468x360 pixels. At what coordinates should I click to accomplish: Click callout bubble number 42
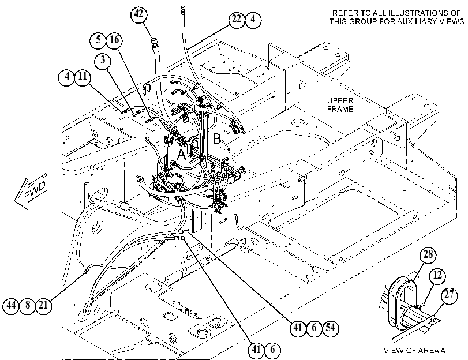(139, 14)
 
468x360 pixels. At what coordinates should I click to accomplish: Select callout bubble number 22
(237, 20)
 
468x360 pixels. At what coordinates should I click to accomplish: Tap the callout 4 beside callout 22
(253, 20)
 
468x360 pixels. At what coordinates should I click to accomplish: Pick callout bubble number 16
(114, 40)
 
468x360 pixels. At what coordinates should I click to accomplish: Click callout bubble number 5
(98, 40)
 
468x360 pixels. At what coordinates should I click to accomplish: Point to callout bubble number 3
(103, 61)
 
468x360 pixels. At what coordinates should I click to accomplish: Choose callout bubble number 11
(83, 76)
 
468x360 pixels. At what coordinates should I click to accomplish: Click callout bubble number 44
(11, 306)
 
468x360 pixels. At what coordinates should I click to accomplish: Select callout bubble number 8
(28, 306)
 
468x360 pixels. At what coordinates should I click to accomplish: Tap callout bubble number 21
(44, 306)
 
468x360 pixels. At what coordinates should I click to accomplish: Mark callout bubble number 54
(330, 328)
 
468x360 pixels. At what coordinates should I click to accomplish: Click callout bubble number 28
(428, 254)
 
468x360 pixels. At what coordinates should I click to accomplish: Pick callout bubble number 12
(437, 275)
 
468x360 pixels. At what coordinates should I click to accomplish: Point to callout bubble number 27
(449, 295)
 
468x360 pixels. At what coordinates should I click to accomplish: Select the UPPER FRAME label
(340, 105)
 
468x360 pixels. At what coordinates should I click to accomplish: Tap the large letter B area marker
(217, 139)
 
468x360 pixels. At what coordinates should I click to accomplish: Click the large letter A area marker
(181, 155)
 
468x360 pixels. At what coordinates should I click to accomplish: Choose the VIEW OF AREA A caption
(414, 350)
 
